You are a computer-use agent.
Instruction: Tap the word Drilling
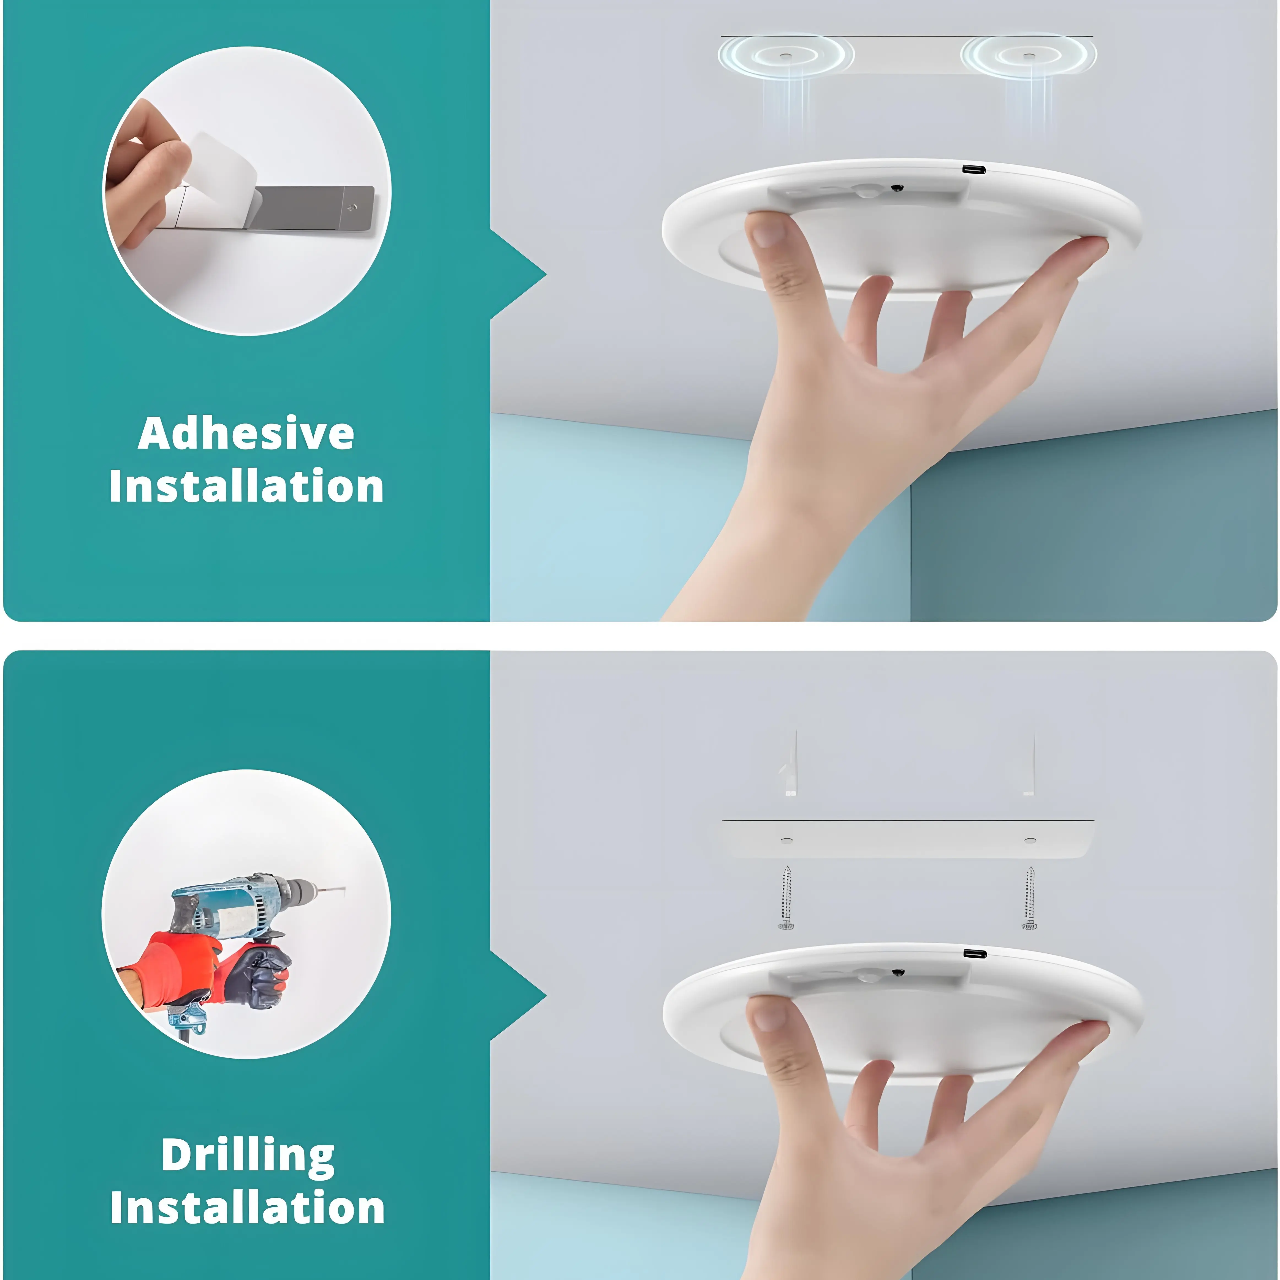[x=248, y=1156]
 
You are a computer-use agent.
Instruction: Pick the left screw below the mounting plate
[x=786, y=898]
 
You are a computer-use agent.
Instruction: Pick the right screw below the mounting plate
[x=1029, y=898]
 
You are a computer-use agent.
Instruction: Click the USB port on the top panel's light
[x=974, y=170]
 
